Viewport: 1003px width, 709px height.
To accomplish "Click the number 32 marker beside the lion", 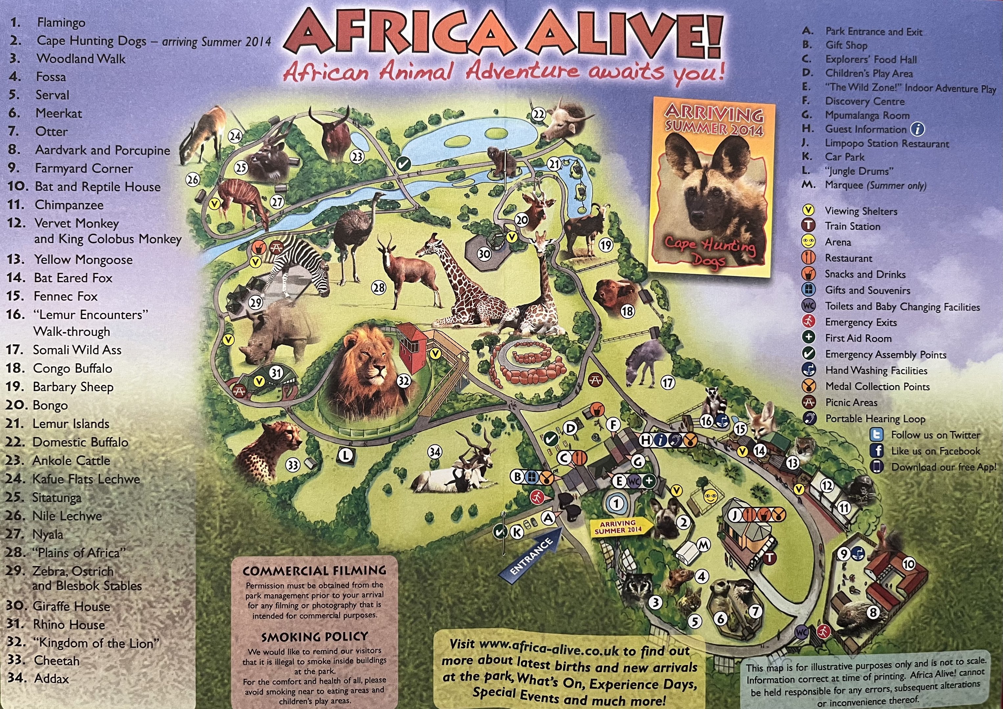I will [404, 381].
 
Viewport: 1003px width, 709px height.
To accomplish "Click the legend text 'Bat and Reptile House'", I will [98, 186].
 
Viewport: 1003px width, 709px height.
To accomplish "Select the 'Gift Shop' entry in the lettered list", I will [846, 45].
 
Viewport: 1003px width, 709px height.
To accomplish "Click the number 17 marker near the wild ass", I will [667, 383].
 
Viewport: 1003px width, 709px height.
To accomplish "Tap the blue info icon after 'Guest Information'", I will [917, 129].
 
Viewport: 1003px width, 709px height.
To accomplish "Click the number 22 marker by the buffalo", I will [539, 114].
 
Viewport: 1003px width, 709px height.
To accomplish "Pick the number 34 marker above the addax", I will [434, 451].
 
